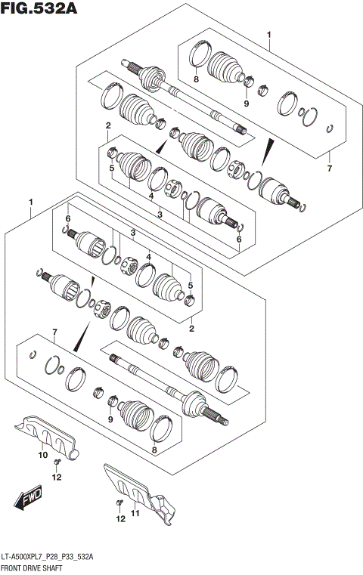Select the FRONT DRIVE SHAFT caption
38,567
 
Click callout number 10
43,455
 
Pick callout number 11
136,514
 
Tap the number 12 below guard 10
57,477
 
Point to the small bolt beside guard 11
118,502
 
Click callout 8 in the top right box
195,79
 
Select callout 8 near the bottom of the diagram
154,451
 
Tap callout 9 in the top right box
246,103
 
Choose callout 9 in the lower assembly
110,419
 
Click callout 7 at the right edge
329,168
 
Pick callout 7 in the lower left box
54,332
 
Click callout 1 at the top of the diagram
268,35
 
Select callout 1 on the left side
31,202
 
